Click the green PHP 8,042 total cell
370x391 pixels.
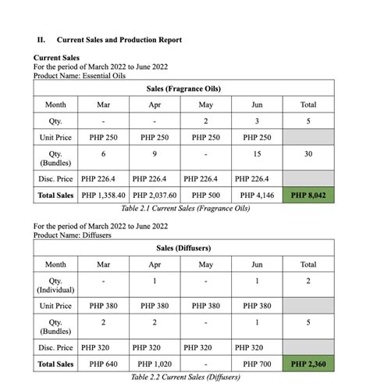pyautogui.click(x=308, y=195)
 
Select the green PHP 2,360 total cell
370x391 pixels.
pyautogui.click(x=308, y=364)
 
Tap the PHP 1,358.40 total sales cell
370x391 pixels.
pyautogui.click(x=103, y=195)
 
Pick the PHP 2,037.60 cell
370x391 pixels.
pyautogui.click(x=155, y=195)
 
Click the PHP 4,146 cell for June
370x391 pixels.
pyautogui.click(x=257, y=195)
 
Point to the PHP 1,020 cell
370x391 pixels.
pyautogui.click(x=155, y=364)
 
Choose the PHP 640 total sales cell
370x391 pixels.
pyautogui.click(x=103, y=364)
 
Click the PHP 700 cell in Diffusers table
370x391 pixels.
pyautogui.click(x=257, y=364)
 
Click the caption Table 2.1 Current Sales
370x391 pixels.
pyautogui.click(x=184, y=209)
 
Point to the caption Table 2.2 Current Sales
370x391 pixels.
pyautogui.click(x=184, y=377)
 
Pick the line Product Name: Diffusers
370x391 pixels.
pyautogui.click(x=73, y=235)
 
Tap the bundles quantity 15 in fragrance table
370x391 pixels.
pyautogui.click(x=257, y=154)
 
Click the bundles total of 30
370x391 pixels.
pyautogui.click(x=308, y=154)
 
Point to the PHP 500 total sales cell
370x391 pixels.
pyautogui.click(x=206, y=195)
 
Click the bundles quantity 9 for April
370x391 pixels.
pyautogui.click(x=155, y=154)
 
